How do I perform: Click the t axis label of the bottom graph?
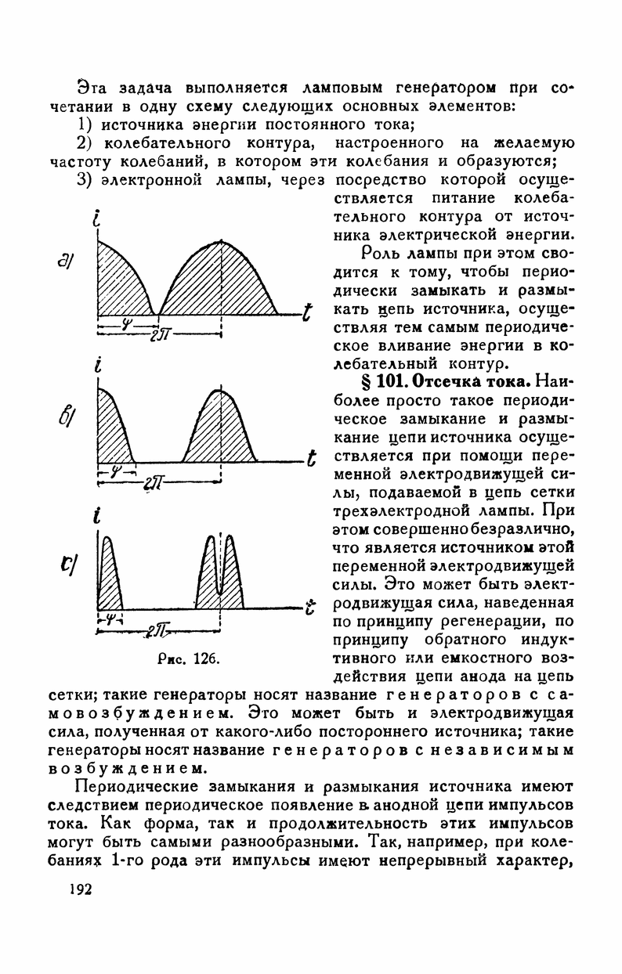311,607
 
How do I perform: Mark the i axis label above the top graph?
96,221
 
